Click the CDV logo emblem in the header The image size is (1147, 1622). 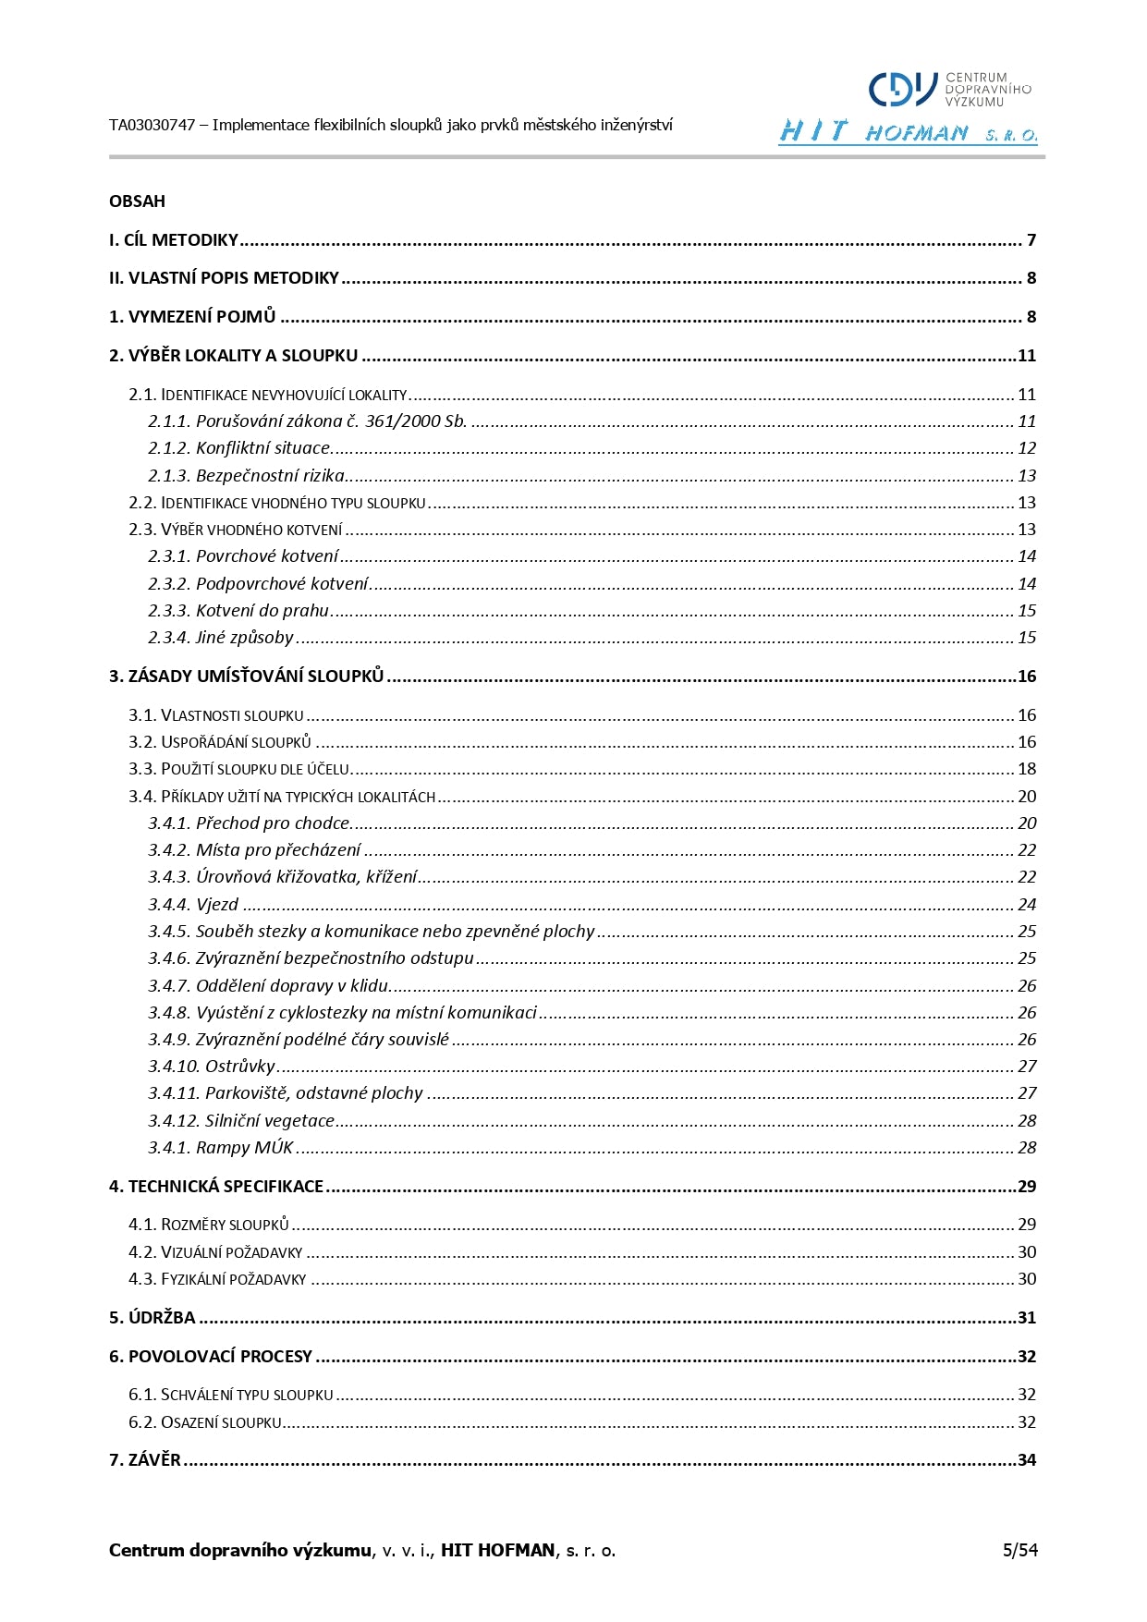pyautogui.click(x=903, y=90)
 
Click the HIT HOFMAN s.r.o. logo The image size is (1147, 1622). pyautogui.click(x=907, y=132)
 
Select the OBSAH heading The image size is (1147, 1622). pyautogui.click(x=137, y=201)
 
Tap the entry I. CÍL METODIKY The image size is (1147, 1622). pyautogui.click(x=174, y=240)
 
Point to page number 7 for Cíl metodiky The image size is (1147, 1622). pyautogui.click(x=1031, y=240)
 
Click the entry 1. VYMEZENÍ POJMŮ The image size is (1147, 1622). pyautogui.click(x=192, y=317)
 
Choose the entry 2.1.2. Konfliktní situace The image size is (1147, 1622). pyautogui.click(x=239, y=448)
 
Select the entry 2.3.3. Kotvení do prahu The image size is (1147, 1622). pyautogui.click(x=238, y=611)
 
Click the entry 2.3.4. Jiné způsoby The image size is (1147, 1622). pyautogui.click(x=221, y=638)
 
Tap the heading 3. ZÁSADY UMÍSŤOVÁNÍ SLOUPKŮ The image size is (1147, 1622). pyautogui.click(x=246, y=677)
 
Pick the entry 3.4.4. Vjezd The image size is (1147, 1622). pyautogui.click(x=193, y=905)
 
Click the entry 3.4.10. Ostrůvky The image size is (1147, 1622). pyautogui.click(x=212, y=1067)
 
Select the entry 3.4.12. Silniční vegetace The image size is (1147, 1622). pyautogui.click(x=241, y=1121)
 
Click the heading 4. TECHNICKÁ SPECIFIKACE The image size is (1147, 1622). pyautogui.click(x=216, y=1187)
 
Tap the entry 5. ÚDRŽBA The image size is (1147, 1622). pyautogui.click(x=153, y=1318)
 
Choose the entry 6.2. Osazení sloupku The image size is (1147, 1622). pyautogui.click(x=205, y=1422)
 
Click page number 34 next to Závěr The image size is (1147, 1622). pyautogui.click(x=1026, y=1460)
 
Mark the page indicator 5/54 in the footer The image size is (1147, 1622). pyautogui.click(x=1019, y=1551)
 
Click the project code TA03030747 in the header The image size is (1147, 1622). pyautogui.click(x=152, y=125)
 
